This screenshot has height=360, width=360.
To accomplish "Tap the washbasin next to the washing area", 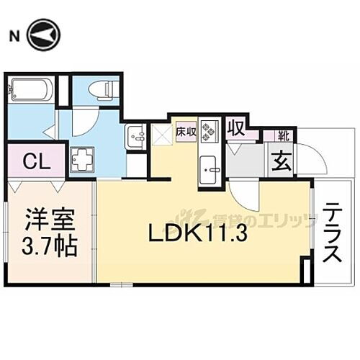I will [135, 134].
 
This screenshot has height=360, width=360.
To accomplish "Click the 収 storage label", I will [236, 129].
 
